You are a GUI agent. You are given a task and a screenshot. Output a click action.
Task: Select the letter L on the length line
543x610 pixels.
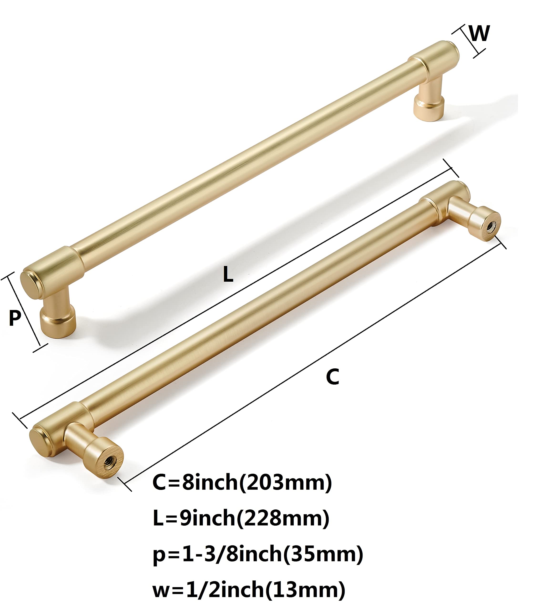point(228,274)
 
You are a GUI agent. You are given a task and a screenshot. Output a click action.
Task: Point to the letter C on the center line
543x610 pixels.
point(333,377)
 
